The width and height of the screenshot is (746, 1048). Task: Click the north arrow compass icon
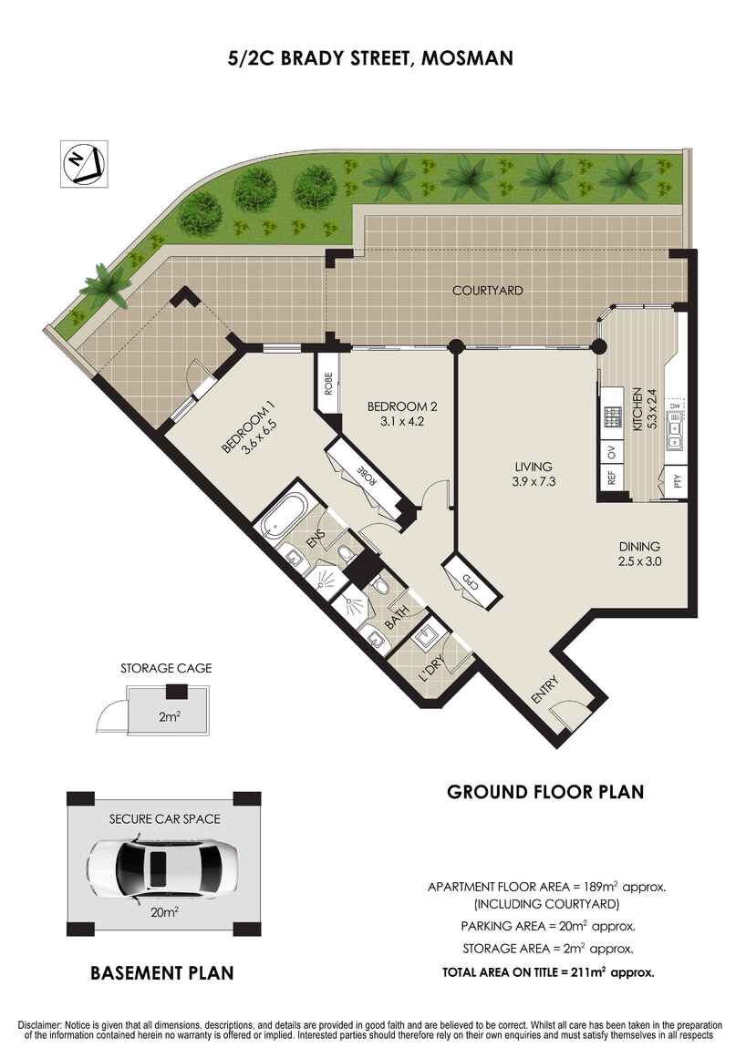pos(84,165)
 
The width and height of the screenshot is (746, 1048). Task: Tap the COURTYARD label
pos(488,291)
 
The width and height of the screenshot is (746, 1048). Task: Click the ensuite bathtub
pos(284,519)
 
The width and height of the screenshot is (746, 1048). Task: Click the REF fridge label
pos(612,479)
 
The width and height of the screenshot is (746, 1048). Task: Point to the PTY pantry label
pos(677,480)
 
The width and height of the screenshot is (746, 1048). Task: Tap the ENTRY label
pos(544,690)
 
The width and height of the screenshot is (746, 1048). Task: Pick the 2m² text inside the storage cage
pos(168,716)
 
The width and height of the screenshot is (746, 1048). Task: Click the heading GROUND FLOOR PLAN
pos(545,792)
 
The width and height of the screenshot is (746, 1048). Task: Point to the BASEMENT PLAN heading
pos(162,973)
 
